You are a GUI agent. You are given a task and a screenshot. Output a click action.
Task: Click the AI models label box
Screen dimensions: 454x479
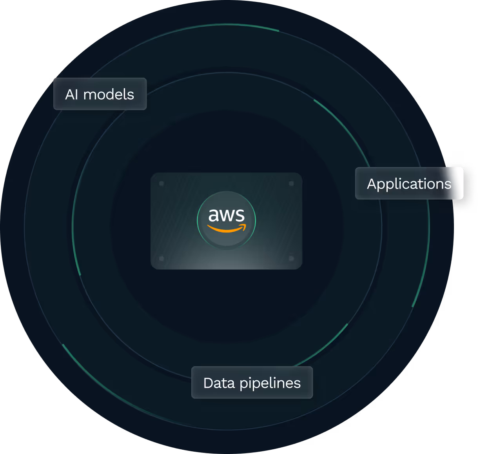(100, 94)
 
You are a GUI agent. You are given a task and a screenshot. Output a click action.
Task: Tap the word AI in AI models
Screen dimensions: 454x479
(72, 94)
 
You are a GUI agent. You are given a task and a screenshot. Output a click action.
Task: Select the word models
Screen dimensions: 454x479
(109, 94)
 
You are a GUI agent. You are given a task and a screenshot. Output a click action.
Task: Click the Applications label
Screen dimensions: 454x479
(409, 183)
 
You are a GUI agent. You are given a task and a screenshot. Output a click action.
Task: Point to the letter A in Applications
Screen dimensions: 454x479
(372, 184)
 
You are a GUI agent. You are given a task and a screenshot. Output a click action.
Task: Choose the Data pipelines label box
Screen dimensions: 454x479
(252, 383)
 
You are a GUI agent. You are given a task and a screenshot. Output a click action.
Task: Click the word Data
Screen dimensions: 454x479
(219, 383)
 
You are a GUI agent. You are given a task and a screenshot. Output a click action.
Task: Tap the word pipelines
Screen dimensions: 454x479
(270, 383)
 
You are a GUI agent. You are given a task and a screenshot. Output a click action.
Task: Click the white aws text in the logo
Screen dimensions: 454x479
(226, 215)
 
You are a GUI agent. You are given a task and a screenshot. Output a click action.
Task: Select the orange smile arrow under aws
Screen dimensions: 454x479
(225, 229)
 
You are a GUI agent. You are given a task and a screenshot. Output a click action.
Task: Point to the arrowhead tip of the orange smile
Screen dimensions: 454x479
(245, 226)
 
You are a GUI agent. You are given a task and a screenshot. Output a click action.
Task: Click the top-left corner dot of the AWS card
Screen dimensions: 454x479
(161, 183)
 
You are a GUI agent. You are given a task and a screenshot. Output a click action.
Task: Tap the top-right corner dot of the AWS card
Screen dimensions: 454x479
(291, 183)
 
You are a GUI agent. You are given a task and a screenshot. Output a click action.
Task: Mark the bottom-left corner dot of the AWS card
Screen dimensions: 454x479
(161, 258)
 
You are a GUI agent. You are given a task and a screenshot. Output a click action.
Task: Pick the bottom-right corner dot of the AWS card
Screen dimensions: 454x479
(291, 258)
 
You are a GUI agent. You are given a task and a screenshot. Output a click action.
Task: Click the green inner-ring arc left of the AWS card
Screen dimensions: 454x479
(76, 255)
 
